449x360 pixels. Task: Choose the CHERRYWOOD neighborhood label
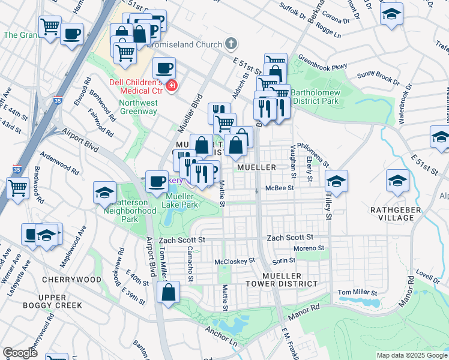pos(71,280)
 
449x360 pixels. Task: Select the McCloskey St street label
pos(235,261)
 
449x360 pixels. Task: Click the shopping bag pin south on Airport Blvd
pos(169,293)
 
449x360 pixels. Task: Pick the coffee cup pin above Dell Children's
pos(164,68)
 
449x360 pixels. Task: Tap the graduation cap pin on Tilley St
pos(337,181)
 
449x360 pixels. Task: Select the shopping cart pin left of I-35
pos(17,187)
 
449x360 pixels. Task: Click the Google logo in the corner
pos(20,353)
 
